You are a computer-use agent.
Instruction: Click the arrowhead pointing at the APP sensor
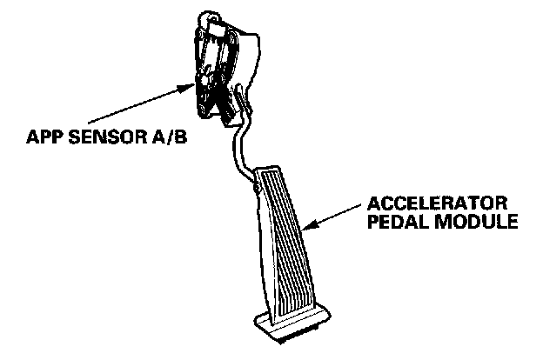tap(193, 85)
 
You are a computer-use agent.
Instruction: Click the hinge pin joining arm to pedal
tap(255, 183)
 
